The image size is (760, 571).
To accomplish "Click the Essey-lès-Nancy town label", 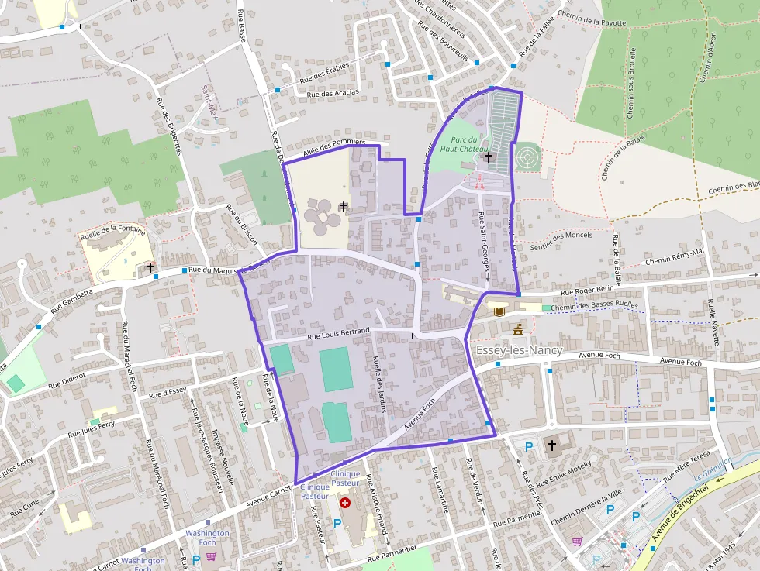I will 517,350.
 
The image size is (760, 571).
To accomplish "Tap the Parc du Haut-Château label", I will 463,144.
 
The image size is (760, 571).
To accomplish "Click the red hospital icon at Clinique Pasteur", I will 345,503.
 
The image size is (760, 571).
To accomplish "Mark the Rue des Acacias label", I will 333,94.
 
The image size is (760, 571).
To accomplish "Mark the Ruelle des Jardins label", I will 379,384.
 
